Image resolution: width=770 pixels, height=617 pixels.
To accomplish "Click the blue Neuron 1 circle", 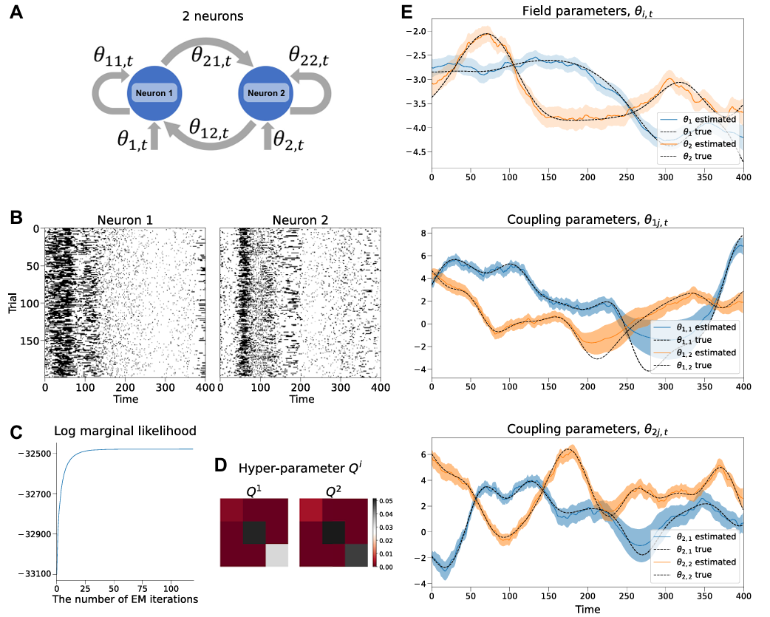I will pos(155,94).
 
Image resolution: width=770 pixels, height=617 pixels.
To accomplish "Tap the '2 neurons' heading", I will pos(211,16).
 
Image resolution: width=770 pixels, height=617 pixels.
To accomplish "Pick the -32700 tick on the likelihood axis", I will pos(31,494).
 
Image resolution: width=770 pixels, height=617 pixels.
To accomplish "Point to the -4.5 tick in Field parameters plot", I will pos(418,152).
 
